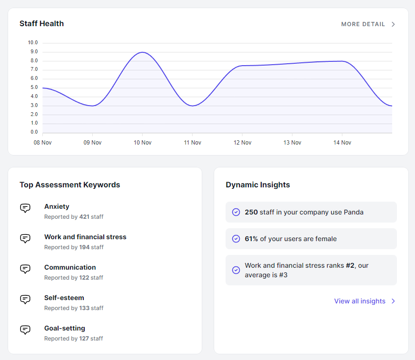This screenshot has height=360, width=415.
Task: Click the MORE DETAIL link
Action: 363,24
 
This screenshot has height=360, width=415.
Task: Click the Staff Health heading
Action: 41,23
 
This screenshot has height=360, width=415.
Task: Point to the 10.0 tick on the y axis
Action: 33,43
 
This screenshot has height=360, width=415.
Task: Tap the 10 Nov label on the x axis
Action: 142,143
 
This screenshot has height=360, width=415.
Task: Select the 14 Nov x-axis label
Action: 342,143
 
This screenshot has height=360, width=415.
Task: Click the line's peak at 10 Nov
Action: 142,52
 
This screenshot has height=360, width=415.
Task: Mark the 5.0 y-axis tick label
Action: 34,88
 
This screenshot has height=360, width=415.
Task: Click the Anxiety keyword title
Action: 57,206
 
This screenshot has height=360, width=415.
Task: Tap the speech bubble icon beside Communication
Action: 25,269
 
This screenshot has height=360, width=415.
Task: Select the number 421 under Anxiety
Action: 84,217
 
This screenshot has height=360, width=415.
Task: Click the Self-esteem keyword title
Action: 64,298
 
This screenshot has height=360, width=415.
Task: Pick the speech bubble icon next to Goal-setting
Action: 25,330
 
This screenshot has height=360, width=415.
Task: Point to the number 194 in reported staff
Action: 84,247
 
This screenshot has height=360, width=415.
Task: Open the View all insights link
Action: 360,301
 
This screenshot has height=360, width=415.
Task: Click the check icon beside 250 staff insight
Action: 236,212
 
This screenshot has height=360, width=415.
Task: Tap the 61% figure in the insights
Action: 251,239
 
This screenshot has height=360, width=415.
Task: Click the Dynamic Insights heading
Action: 257,185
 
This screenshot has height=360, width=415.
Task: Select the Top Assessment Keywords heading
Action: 69,185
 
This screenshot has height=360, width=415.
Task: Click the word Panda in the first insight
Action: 353,212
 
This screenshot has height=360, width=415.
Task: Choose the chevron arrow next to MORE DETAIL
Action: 393,24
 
